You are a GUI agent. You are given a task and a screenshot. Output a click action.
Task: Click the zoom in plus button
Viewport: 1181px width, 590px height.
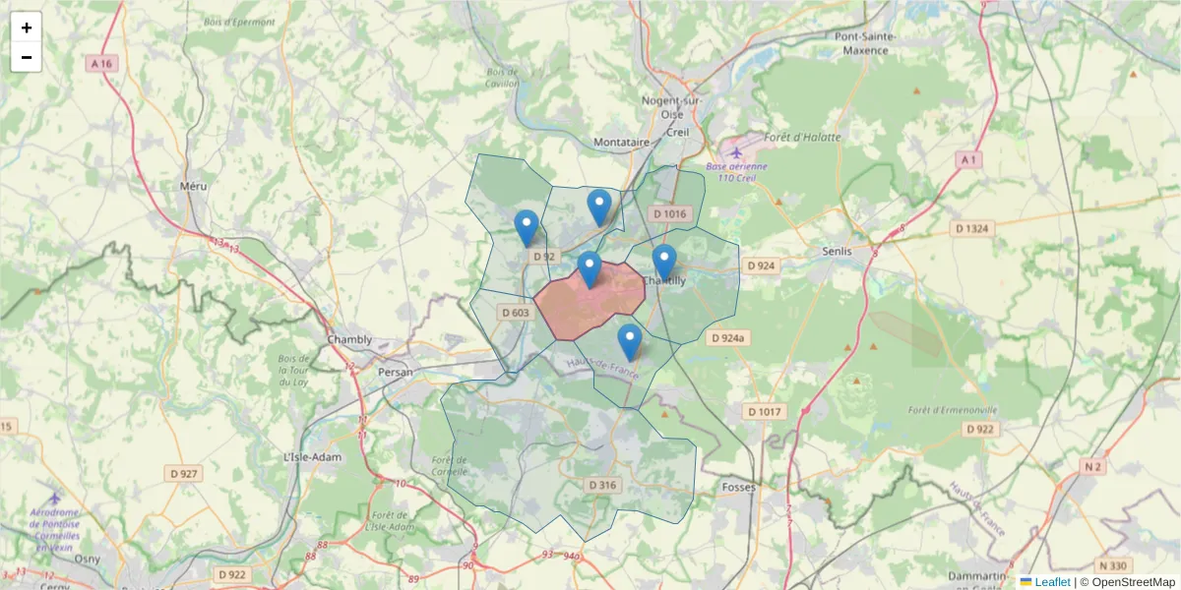27,28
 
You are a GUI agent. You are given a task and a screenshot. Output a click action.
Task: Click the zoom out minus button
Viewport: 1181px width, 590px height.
27,57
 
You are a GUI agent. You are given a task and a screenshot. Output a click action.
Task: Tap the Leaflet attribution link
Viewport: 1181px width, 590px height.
1051,582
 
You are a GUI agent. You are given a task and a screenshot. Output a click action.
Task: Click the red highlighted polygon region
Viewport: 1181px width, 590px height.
590,305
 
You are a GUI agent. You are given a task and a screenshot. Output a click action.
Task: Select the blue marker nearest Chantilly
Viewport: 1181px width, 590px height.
664,262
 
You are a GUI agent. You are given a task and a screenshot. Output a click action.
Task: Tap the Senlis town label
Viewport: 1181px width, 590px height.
841,251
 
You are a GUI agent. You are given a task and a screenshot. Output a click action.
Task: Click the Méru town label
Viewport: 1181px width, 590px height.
194,185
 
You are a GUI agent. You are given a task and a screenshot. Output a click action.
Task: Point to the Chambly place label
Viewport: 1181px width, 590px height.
350,340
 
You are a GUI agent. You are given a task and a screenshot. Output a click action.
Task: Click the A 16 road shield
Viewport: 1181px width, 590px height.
101,63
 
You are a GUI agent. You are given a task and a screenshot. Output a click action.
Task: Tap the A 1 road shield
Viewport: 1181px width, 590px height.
969,159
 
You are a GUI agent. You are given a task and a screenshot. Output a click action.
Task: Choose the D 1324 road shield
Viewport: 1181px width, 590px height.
971,228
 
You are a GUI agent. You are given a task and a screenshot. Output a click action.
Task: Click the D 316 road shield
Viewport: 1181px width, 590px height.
601,486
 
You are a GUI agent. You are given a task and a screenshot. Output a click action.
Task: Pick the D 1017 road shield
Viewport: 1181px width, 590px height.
764,412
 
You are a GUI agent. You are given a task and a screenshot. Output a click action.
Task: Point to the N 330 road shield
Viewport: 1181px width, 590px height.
1115,565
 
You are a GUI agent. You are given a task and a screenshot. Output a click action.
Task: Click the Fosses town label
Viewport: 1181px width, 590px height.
738,487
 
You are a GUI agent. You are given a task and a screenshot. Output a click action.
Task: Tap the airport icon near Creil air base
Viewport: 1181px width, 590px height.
736,151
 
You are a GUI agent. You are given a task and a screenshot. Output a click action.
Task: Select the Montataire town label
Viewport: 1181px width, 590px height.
622,143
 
